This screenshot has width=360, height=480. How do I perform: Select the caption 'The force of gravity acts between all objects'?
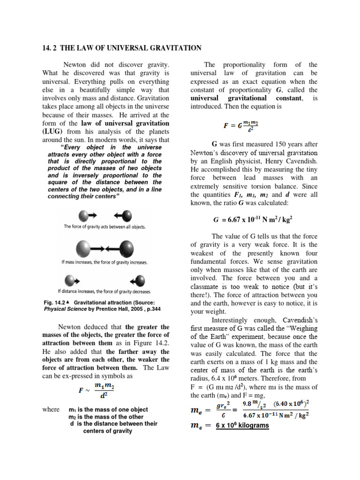[x=105, y=226]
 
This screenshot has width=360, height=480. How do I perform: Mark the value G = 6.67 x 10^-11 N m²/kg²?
[x=254, y=219]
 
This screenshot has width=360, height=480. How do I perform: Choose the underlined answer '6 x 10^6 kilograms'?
[x=242, y=425]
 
